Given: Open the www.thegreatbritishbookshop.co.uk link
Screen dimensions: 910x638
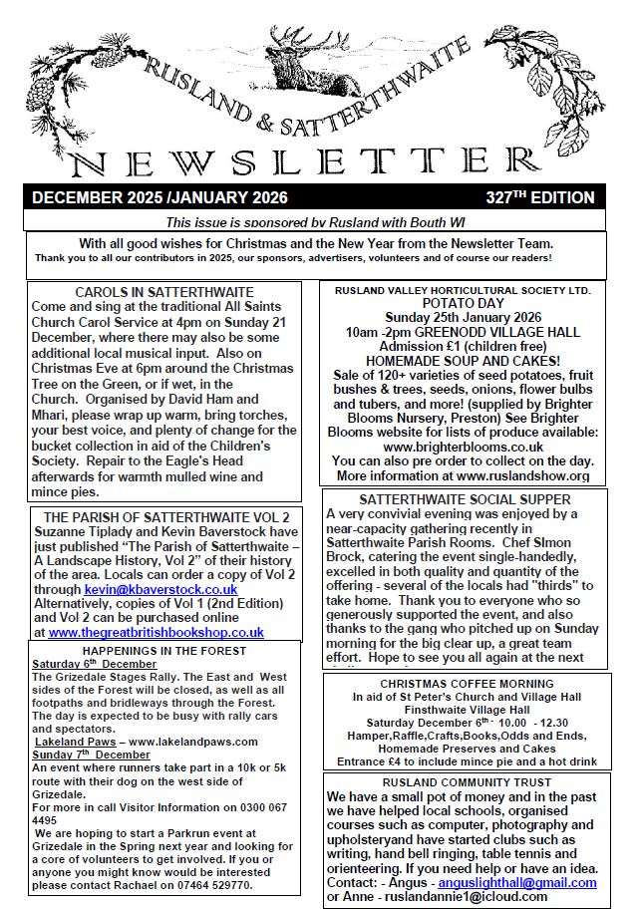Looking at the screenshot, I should [156, 632].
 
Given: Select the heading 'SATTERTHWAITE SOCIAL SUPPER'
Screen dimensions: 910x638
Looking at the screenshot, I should [465, 499].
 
